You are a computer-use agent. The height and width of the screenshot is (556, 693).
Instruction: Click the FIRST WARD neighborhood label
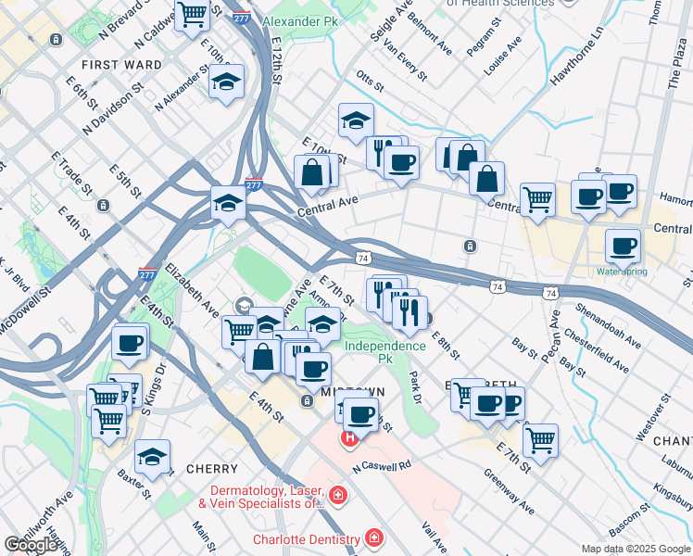(x=121, y=65)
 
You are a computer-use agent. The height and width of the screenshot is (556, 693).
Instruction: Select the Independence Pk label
(x=384, y=346)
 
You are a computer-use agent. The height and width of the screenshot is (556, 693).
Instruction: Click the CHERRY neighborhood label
(x=212, y=469)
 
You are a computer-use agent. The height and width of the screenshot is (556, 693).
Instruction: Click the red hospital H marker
(x=350, y=437)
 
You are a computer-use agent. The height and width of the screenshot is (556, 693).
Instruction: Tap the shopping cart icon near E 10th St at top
(x=192, y=15)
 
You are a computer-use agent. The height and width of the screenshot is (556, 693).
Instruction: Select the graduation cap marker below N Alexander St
(x=226, y=83)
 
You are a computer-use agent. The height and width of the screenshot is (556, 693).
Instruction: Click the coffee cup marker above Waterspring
(x=623, y=246)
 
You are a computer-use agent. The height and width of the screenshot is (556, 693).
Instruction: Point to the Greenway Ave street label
(x=509, y=491)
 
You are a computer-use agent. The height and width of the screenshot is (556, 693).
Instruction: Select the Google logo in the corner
(x=31, y=545)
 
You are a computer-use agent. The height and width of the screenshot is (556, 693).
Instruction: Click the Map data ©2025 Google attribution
(x=635, y=549)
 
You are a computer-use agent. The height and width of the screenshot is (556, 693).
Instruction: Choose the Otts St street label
(x=370, y=83)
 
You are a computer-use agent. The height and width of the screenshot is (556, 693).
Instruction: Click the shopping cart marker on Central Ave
(x=537, y=198)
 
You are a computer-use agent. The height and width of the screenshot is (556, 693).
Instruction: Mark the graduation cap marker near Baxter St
(x=152, y=457)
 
